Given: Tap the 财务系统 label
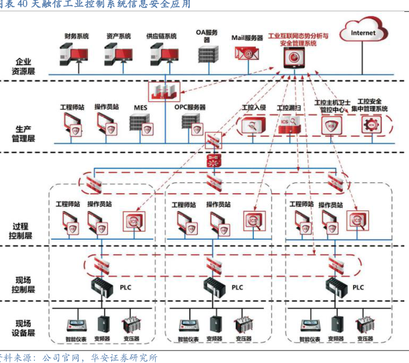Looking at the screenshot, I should coord(77,35).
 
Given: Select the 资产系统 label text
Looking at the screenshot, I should coord(119,35).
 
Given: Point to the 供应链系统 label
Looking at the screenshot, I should coord(162,35).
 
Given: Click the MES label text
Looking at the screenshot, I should coord(140,107).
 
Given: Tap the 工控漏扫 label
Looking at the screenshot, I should coord(289,107).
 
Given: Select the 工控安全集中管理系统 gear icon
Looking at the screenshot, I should coord(371,125).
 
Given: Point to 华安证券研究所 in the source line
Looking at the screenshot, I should coord(123,358).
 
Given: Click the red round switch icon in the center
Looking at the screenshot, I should coord(214,161).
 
